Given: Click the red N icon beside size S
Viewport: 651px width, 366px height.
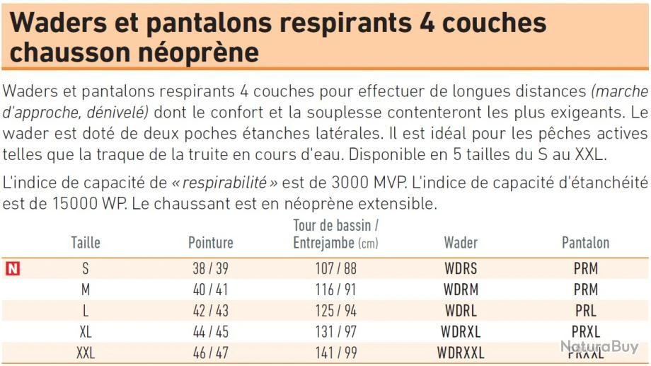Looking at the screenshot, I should click(12, 269).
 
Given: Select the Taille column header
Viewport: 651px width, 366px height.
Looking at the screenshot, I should click(86, 243).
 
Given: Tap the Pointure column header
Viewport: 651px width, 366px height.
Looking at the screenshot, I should click(210, 243).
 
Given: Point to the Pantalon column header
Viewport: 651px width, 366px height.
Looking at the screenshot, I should click(585, 243).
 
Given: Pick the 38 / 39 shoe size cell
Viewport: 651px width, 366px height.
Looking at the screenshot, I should click(210, 269).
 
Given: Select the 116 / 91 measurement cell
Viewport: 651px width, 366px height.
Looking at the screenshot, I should click(336, 290).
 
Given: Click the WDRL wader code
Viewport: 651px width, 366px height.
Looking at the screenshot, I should click(460, 311).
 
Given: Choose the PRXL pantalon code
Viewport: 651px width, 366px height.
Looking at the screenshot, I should click(585, 331).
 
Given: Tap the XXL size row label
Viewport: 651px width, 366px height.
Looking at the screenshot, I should click(85, 353).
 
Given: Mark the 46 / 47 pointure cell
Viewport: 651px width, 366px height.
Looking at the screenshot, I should click(210, 353).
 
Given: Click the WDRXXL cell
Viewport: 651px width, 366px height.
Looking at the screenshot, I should click(460, 353).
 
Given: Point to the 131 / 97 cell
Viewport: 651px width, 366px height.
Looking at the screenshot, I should click(336, 331).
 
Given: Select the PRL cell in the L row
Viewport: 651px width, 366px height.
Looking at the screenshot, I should click(585, 311).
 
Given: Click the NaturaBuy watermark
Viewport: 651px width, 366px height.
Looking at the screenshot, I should click(600, 347).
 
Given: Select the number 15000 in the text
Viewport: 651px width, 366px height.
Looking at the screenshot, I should click(50, 205).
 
